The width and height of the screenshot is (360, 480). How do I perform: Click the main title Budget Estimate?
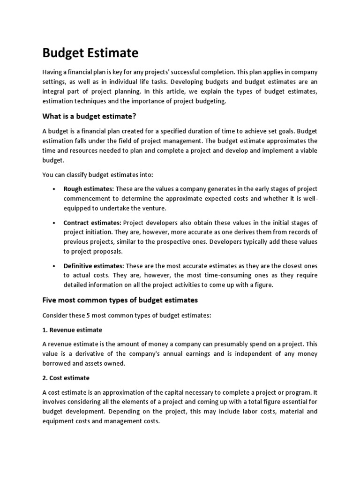click(x=90, y=53)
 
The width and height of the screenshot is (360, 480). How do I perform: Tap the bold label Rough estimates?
click(x=89, y=188)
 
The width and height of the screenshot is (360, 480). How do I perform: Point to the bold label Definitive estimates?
click(x=93, y=265)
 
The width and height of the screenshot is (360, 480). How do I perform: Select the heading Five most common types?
click(x=120, y=300)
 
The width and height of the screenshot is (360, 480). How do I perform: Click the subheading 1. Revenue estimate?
click(x=72, y=330)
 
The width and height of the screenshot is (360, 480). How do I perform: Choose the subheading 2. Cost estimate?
click(x=66, y=377)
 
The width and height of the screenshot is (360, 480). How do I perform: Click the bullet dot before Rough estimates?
click(x=54, y=189)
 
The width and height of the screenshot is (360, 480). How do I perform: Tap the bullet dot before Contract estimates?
click(x=54, y=222)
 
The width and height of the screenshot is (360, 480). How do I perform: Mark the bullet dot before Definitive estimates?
click(x=54, y=266)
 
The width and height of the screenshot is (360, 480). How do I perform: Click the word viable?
click(x=308, y=150)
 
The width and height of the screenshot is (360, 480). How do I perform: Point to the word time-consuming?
click(x=215, y=275)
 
